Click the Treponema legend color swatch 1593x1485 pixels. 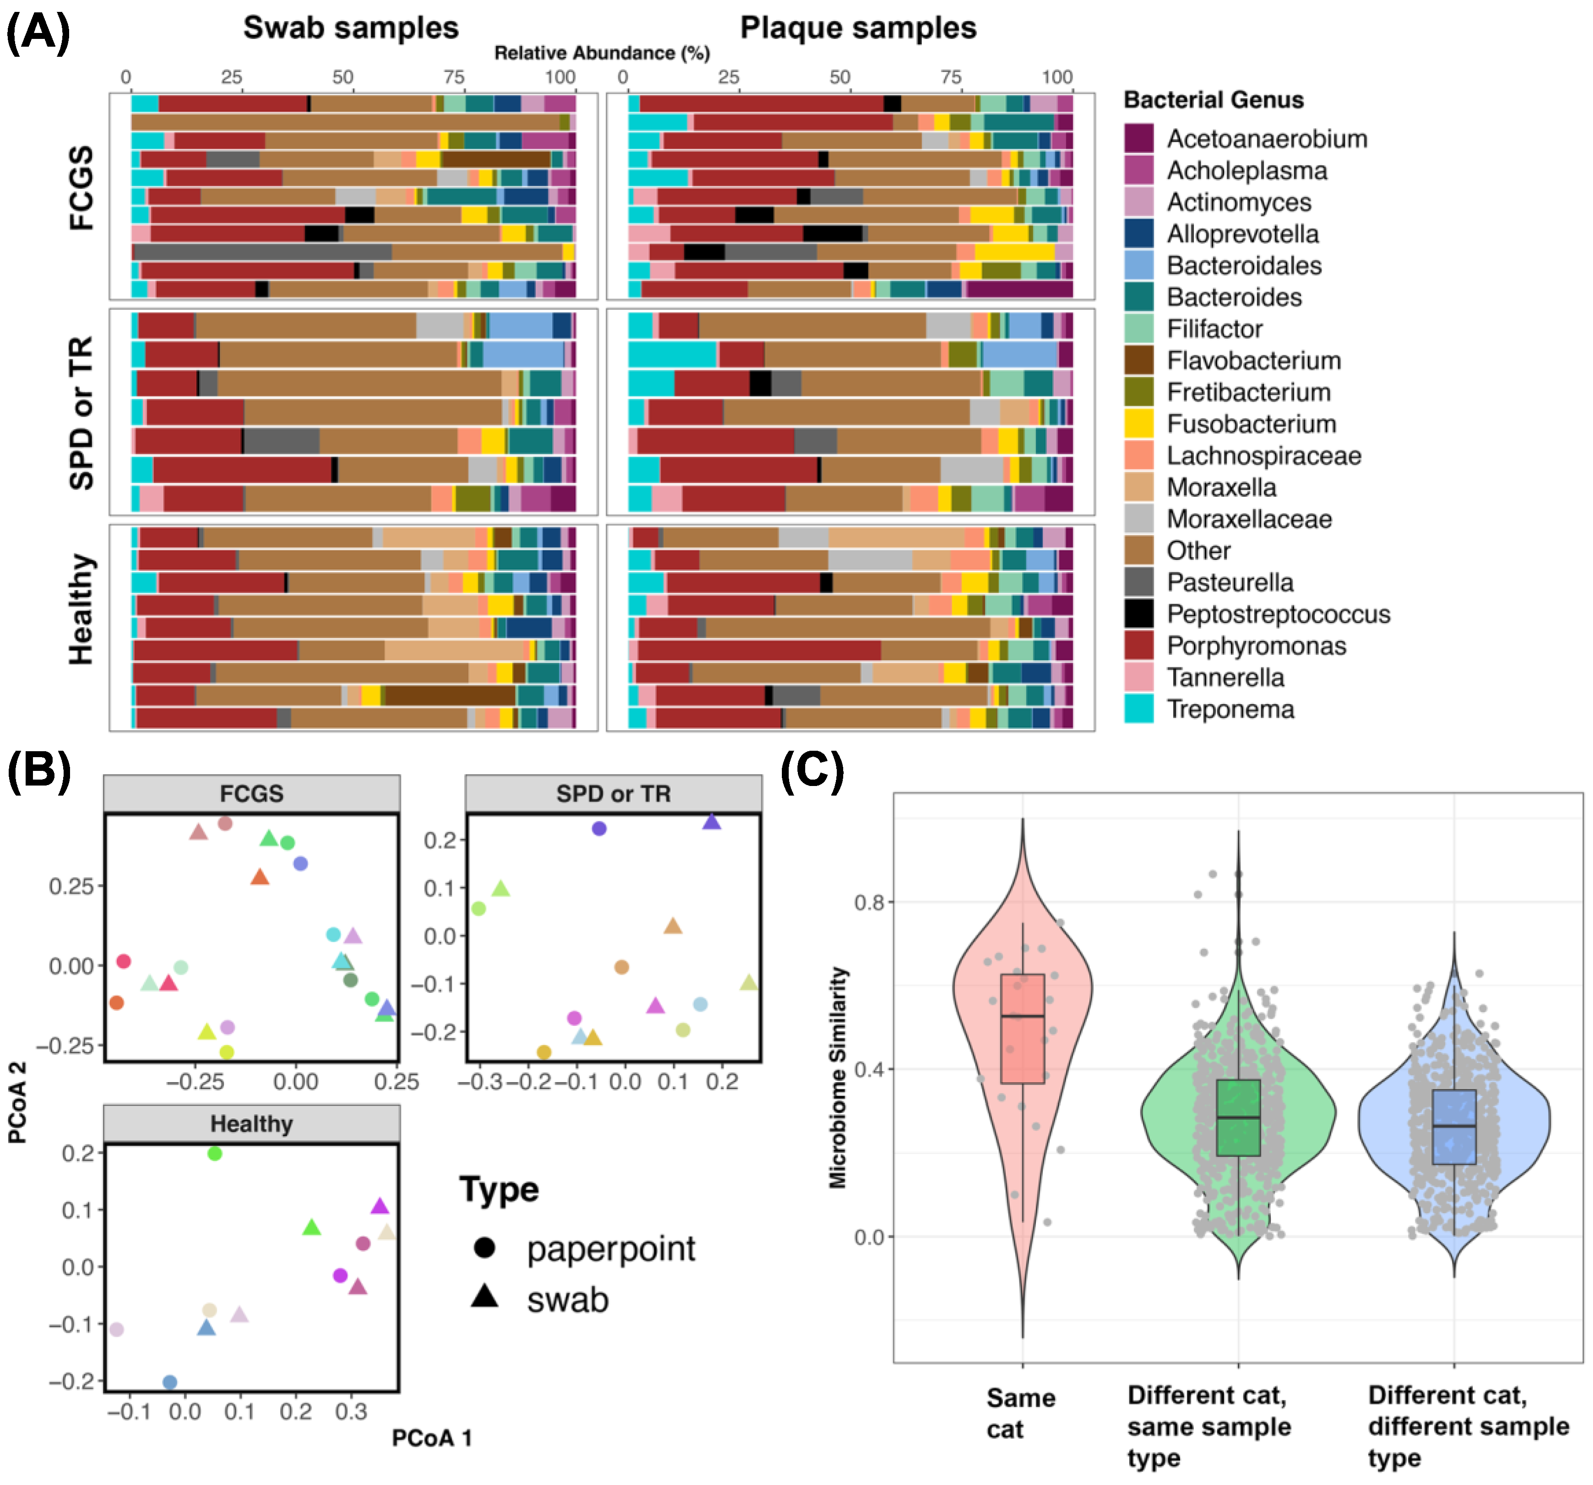click(1138, 709)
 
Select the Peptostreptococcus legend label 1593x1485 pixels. click(1278, 614)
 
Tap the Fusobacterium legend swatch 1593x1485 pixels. click(1138, 423)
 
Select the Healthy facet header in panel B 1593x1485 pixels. click(252, 1123)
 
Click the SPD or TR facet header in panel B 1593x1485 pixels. click(613, 793)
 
